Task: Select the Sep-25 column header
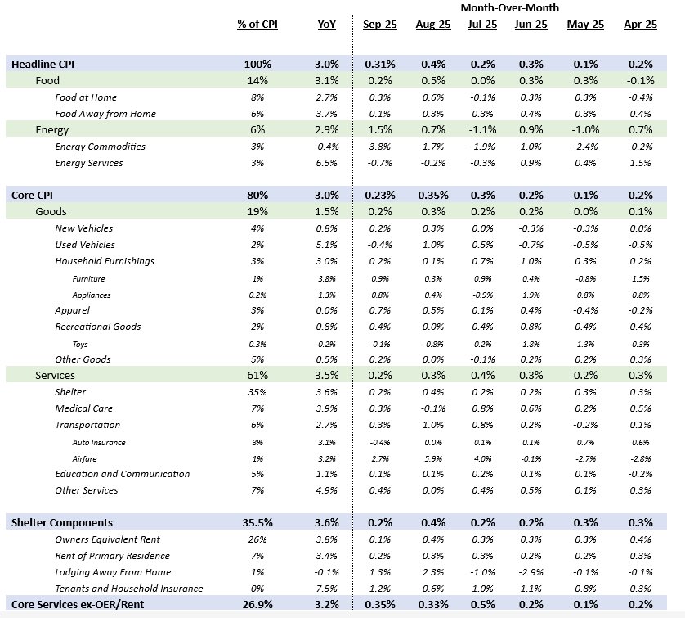point(379,25)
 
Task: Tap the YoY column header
point(325,25)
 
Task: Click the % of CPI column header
point(257,25)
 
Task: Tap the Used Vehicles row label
point(85,245)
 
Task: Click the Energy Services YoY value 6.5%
point(325,163)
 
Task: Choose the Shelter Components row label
point(60,522)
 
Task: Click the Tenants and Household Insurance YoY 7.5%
point(325,589)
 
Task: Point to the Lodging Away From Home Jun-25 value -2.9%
point(531,572)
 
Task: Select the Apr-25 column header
point(640,25)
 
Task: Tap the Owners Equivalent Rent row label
point(108,539)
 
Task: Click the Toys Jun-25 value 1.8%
point(531,343)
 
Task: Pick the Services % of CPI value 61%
point(257,375)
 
